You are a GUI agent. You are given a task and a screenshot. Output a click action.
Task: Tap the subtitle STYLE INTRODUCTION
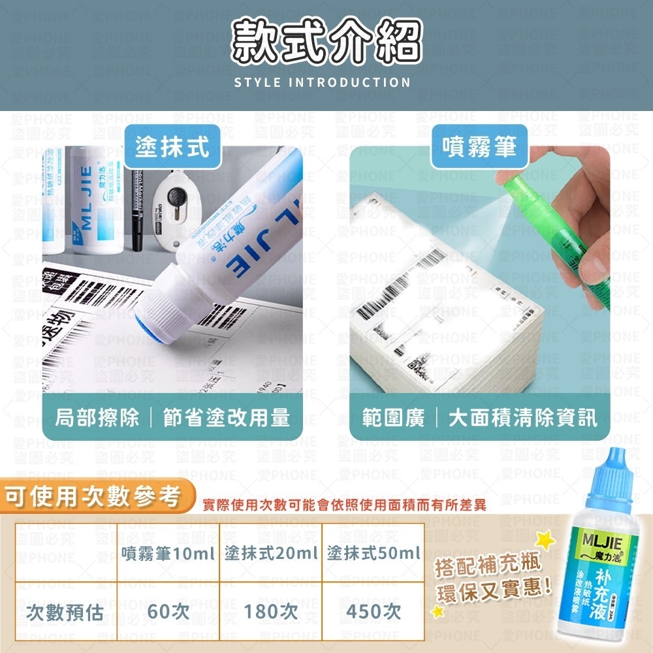click(x=322, y=83)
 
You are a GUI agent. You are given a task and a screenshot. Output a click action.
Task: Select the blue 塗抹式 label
click(x=172, y=147)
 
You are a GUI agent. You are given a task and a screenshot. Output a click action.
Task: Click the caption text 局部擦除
click(x=97, y=418)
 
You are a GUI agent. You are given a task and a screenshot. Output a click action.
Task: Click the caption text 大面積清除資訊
click(x=522, y=418)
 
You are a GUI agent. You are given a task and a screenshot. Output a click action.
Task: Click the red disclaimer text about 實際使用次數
click(x=344, y=505)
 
